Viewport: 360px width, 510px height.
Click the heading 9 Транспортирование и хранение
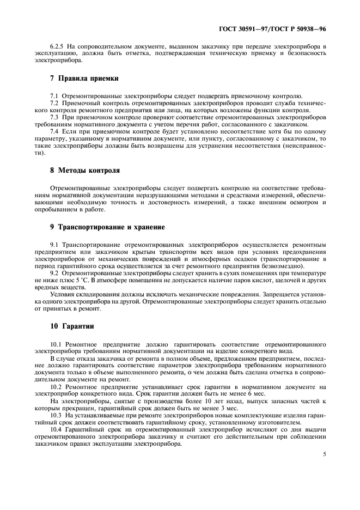107,226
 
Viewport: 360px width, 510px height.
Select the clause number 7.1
55,96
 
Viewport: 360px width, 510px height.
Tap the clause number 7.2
55,103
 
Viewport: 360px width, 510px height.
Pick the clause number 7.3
55,117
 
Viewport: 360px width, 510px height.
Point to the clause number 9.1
55,244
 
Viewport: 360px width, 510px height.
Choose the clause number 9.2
55,272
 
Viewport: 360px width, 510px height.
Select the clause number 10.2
57,387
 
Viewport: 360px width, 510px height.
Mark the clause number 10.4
57,429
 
